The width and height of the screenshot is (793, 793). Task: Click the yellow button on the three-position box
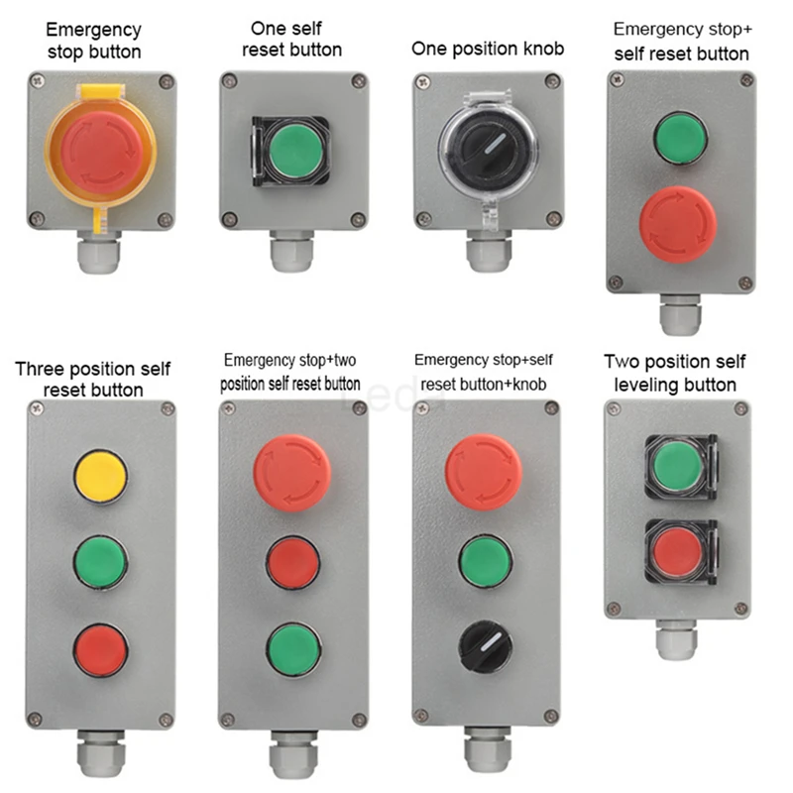tap(101, 476)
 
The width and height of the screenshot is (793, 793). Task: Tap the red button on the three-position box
tap(101, 649)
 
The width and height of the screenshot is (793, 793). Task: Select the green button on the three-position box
tap(101, 562)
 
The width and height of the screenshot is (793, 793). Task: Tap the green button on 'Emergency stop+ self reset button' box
tap(680, 138)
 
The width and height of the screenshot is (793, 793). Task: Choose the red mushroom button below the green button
tap(678, 224)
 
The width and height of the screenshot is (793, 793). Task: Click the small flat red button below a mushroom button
tap(293, 562)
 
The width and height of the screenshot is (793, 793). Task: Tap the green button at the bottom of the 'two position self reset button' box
tap(293, 648)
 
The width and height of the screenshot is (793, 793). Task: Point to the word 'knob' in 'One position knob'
tap(541, 49)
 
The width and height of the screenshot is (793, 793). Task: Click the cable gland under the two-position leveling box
tap(677, 638)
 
